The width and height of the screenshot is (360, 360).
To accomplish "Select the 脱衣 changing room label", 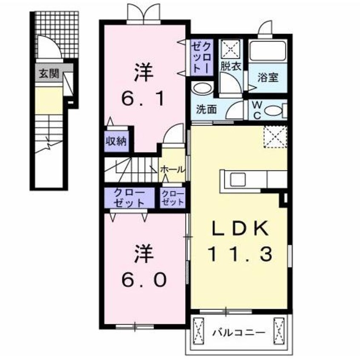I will click(231, 66).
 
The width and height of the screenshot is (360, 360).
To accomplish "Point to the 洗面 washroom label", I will click(206, 109).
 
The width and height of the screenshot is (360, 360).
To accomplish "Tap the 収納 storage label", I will click(116, 141).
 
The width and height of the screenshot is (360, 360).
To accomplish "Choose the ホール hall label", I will click(172, 169).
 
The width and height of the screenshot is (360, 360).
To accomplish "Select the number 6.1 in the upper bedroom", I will click(143, 99).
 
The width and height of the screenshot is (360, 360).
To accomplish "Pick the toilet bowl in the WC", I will click(272, 111).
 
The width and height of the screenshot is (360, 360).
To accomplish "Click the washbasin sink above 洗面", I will click(203, 89).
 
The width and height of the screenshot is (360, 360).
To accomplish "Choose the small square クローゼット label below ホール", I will click(173, 197).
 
